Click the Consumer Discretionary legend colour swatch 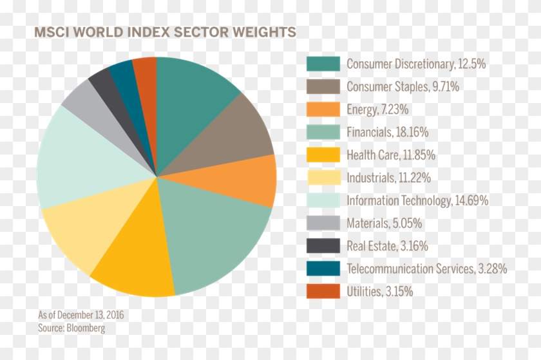point(323,64)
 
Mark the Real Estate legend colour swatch point(323,246)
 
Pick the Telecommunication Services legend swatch point(323,269)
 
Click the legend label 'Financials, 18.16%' point(387,132)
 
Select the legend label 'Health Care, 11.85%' point(391,155)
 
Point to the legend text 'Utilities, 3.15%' point(379,292)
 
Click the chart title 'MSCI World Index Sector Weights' point(165,32)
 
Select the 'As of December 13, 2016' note point(81,315)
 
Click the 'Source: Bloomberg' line point(71,328)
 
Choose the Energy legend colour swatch point(323,109)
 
